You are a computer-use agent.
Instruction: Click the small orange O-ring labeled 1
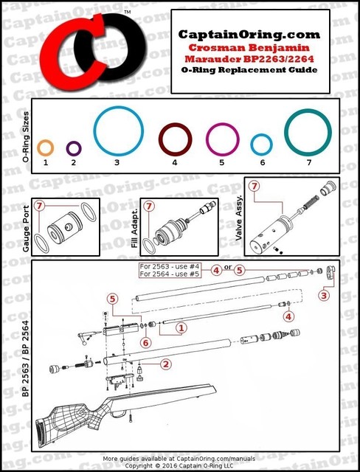(x=45, y=146)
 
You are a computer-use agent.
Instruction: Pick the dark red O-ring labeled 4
(x=175, y=138)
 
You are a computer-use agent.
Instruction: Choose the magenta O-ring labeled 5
(x=221, y=139)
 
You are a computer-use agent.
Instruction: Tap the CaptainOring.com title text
(x=250, y=34)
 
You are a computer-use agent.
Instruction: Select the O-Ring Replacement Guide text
(x=250, y=69)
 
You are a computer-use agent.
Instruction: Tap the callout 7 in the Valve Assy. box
(x=255, y=187)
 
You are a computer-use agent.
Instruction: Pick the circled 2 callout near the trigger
(x=167, y=364)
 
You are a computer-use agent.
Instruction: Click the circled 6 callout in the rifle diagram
(x=146, y=342)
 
